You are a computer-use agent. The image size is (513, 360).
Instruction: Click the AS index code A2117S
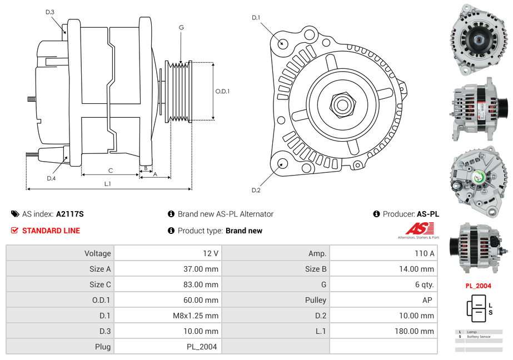point(69,214)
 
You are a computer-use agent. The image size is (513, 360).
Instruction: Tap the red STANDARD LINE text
point(51,231)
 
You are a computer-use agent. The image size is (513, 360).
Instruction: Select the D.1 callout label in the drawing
point(256,18)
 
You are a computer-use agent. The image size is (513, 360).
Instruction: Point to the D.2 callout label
point(256,191)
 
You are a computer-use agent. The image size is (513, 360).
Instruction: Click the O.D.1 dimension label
point(222,91)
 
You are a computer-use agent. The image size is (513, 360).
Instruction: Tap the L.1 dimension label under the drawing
point(108,184)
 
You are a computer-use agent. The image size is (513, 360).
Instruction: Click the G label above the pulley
point(181,28)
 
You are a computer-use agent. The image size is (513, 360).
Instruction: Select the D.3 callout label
point(50,12)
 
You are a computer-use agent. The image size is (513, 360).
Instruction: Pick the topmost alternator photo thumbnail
point(478,40)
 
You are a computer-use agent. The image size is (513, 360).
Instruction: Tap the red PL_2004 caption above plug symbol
point(478,286)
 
